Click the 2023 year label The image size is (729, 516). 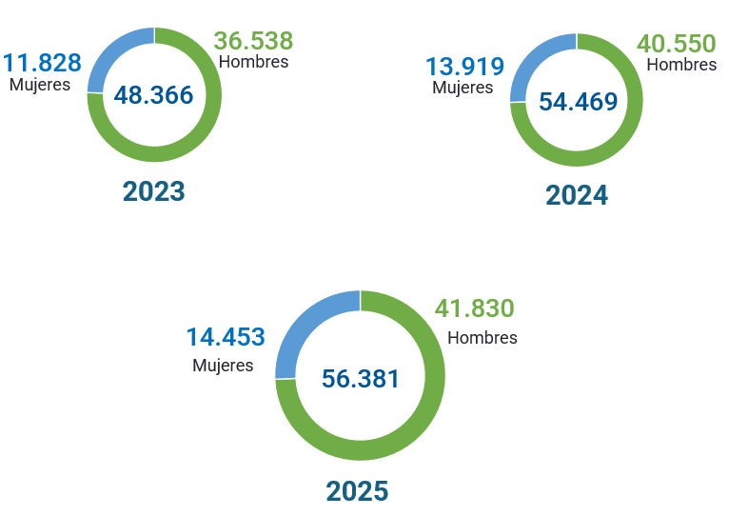[153, 191]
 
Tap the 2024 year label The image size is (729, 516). [576, 195]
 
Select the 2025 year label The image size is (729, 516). [357, 491]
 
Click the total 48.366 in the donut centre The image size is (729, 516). [153, 95]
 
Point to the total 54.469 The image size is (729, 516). [578, 102]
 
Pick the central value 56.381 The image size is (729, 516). [361, 378]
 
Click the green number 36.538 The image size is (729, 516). [253, 41]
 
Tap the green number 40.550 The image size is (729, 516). [677, 44]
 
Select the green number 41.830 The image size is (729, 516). [474, 308]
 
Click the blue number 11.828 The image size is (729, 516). [42, 63]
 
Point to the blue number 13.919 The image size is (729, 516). [464, 67]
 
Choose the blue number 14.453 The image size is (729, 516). [225, 337]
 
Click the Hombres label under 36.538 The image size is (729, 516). [253, 62]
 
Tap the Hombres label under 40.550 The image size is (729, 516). [681, 65]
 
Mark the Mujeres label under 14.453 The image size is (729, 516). [223, 365]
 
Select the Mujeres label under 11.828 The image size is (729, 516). [40, 84]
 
